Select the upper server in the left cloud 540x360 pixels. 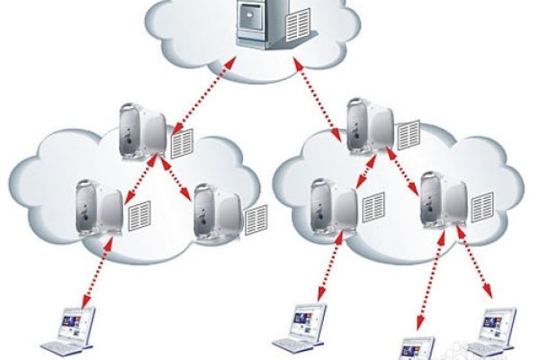point(142,130)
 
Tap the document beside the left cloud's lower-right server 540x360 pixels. point(256,218)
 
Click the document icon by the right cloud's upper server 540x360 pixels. point(409,135)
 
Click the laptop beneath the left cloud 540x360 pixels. point(73,328)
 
